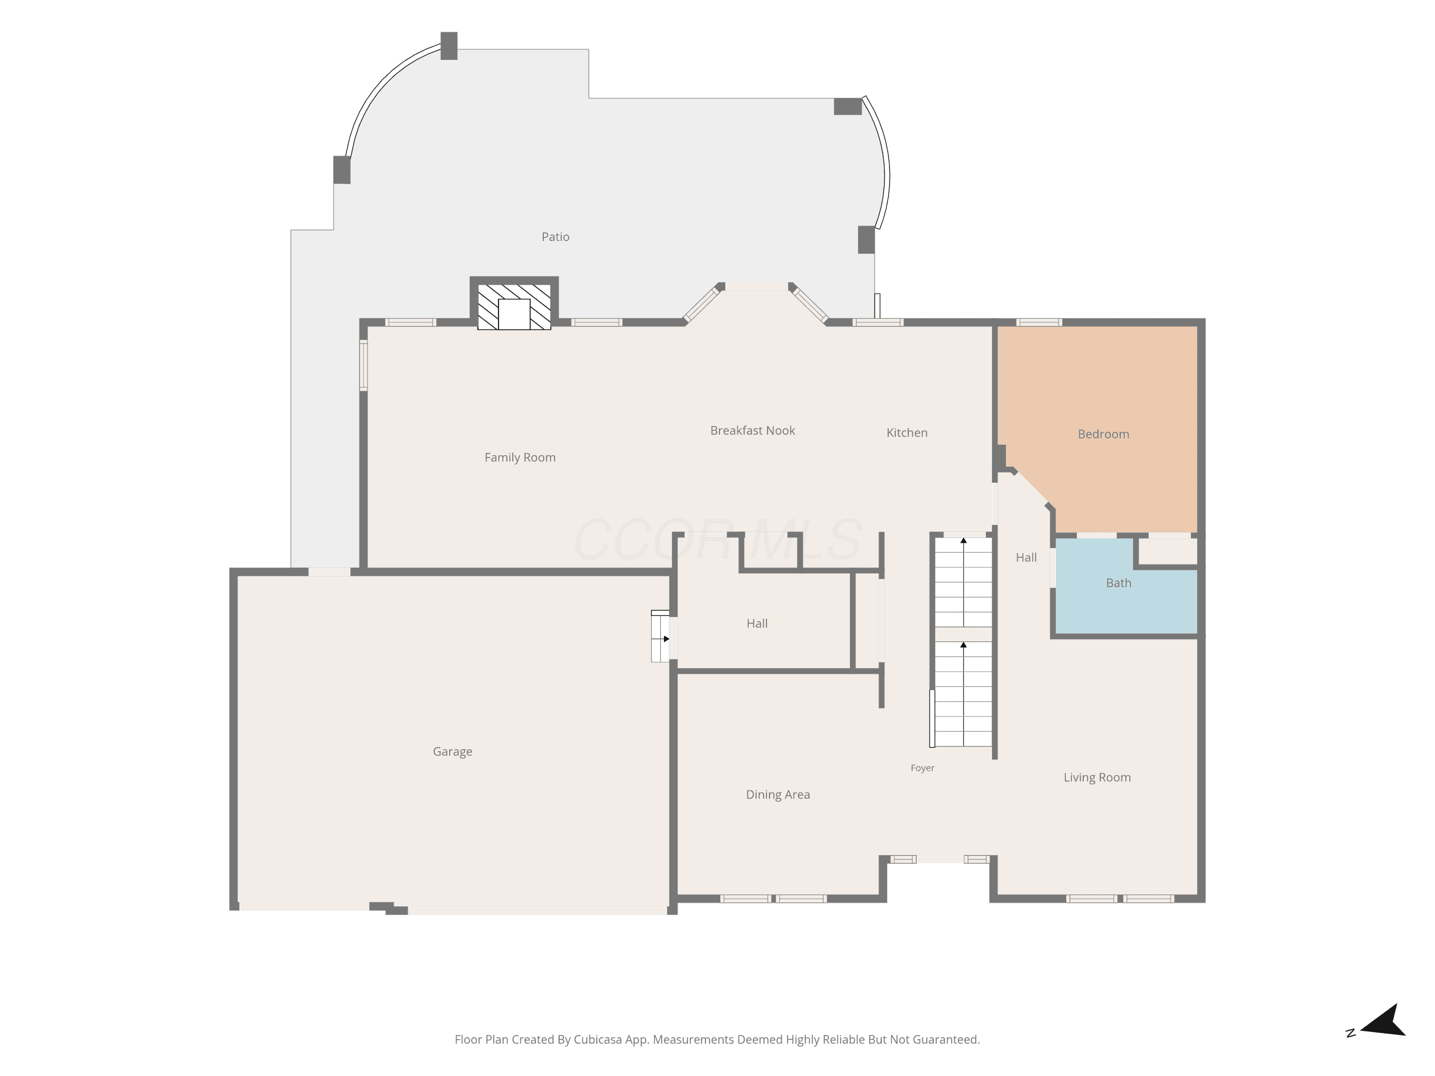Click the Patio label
555,237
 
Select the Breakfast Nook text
752,431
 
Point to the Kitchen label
907,433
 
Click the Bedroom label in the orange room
1104,434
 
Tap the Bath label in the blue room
1118,583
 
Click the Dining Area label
778,794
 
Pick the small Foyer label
923,768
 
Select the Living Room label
1097,777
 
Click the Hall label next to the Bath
1027,557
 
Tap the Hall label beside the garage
757,623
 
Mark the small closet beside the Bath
1168,551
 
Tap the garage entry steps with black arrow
661,636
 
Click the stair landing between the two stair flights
963,634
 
